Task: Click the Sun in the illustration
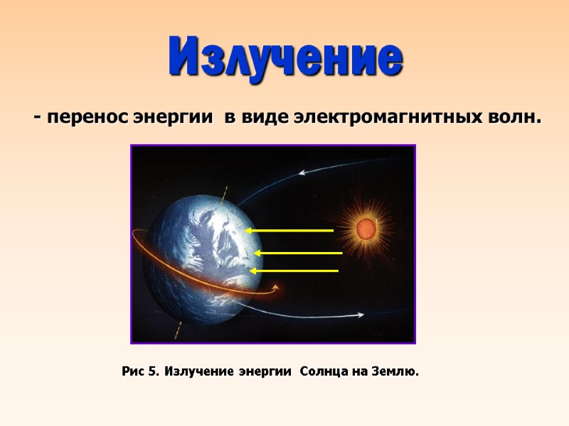[366, 229]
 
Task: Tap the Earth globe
[199, 259]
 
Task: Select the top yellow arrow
[289, 231]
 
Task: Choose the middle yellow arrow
[299, 253]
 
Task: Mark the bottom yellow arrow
[294, 271]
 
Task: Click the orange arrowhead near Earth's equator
[275, 287]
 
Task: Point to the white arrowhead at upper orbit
[302, 172]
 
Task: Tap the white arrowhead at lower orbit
[361, 315]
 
